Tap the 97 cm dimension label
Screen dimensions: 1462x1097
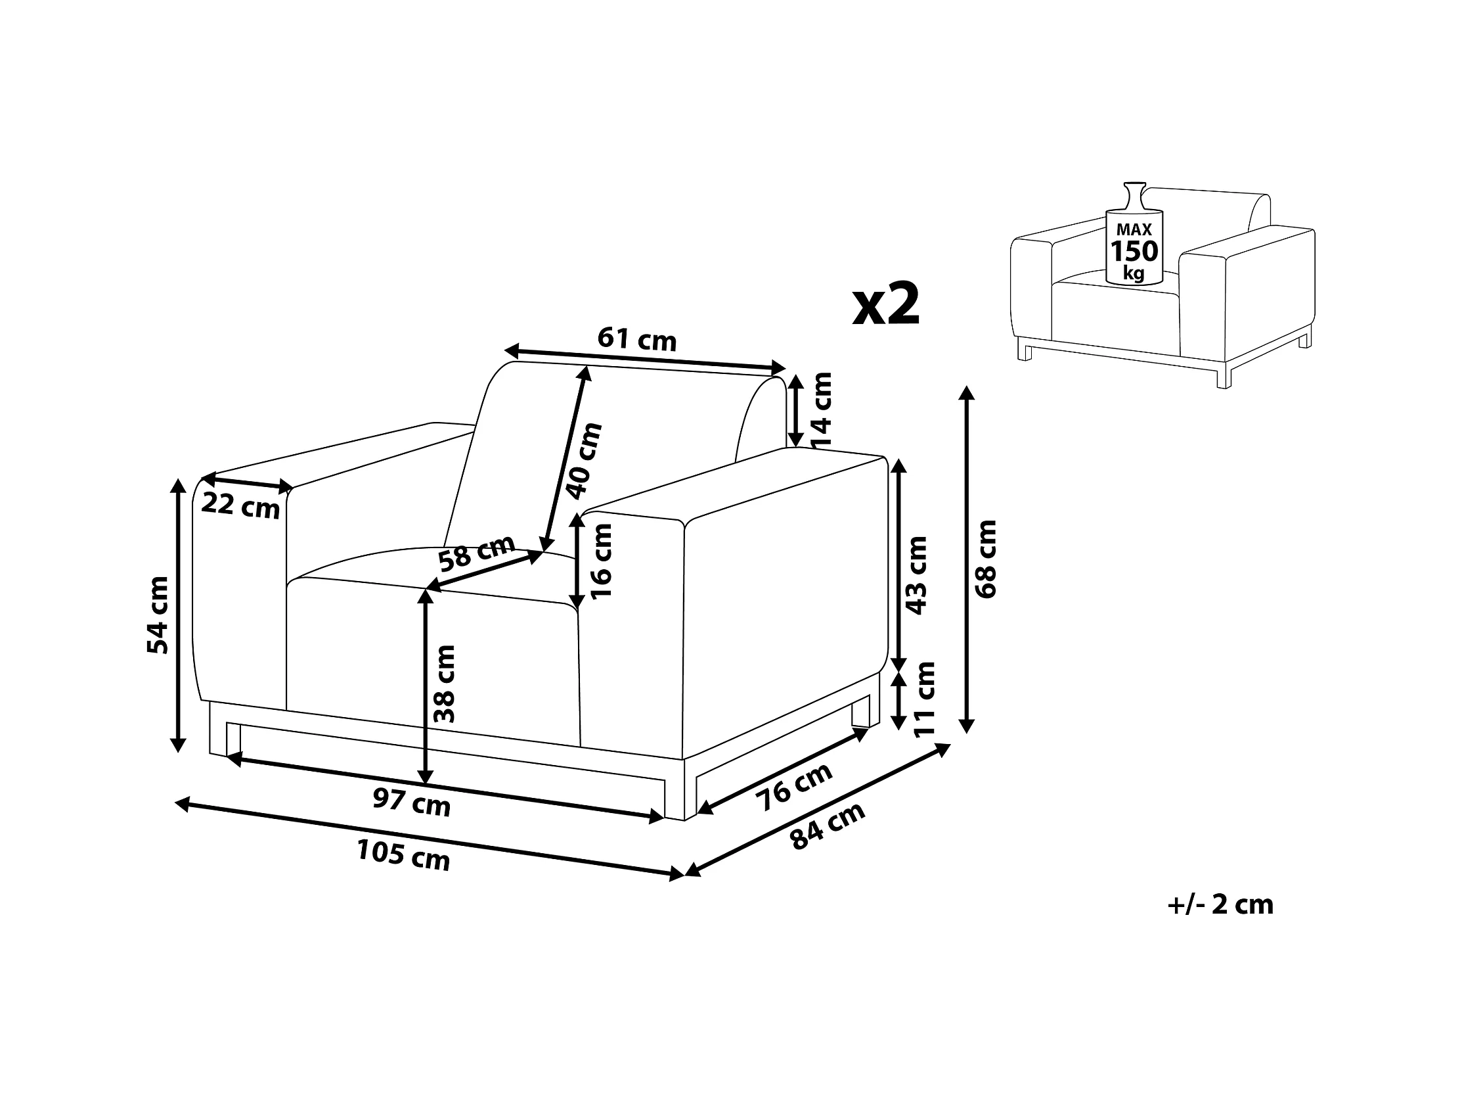point(411,803)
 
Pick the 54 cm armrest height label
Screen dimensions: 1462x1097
point(158,615)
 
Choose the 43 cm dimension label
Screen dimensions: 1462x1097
point(917,575)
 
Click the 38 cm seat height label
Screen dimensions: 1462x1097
point(444,684)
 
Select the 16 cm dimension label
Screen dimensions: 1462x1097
point(602,561)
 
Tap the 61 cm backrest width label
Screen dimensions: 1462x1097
point(637,339)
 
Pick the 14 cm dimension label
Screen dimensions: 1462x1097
point(821,410)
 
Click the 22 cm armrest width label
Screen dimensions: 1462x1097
point(240,506)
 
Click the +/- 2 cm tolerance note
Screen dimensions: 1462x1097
point(1220,904)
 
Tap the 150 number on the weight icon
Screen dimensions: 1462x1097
point(1134,251)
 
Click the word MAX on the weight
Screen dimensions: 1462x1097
point(1134,229)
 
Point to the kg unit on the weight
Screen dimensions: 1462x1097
point(1134,271)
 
